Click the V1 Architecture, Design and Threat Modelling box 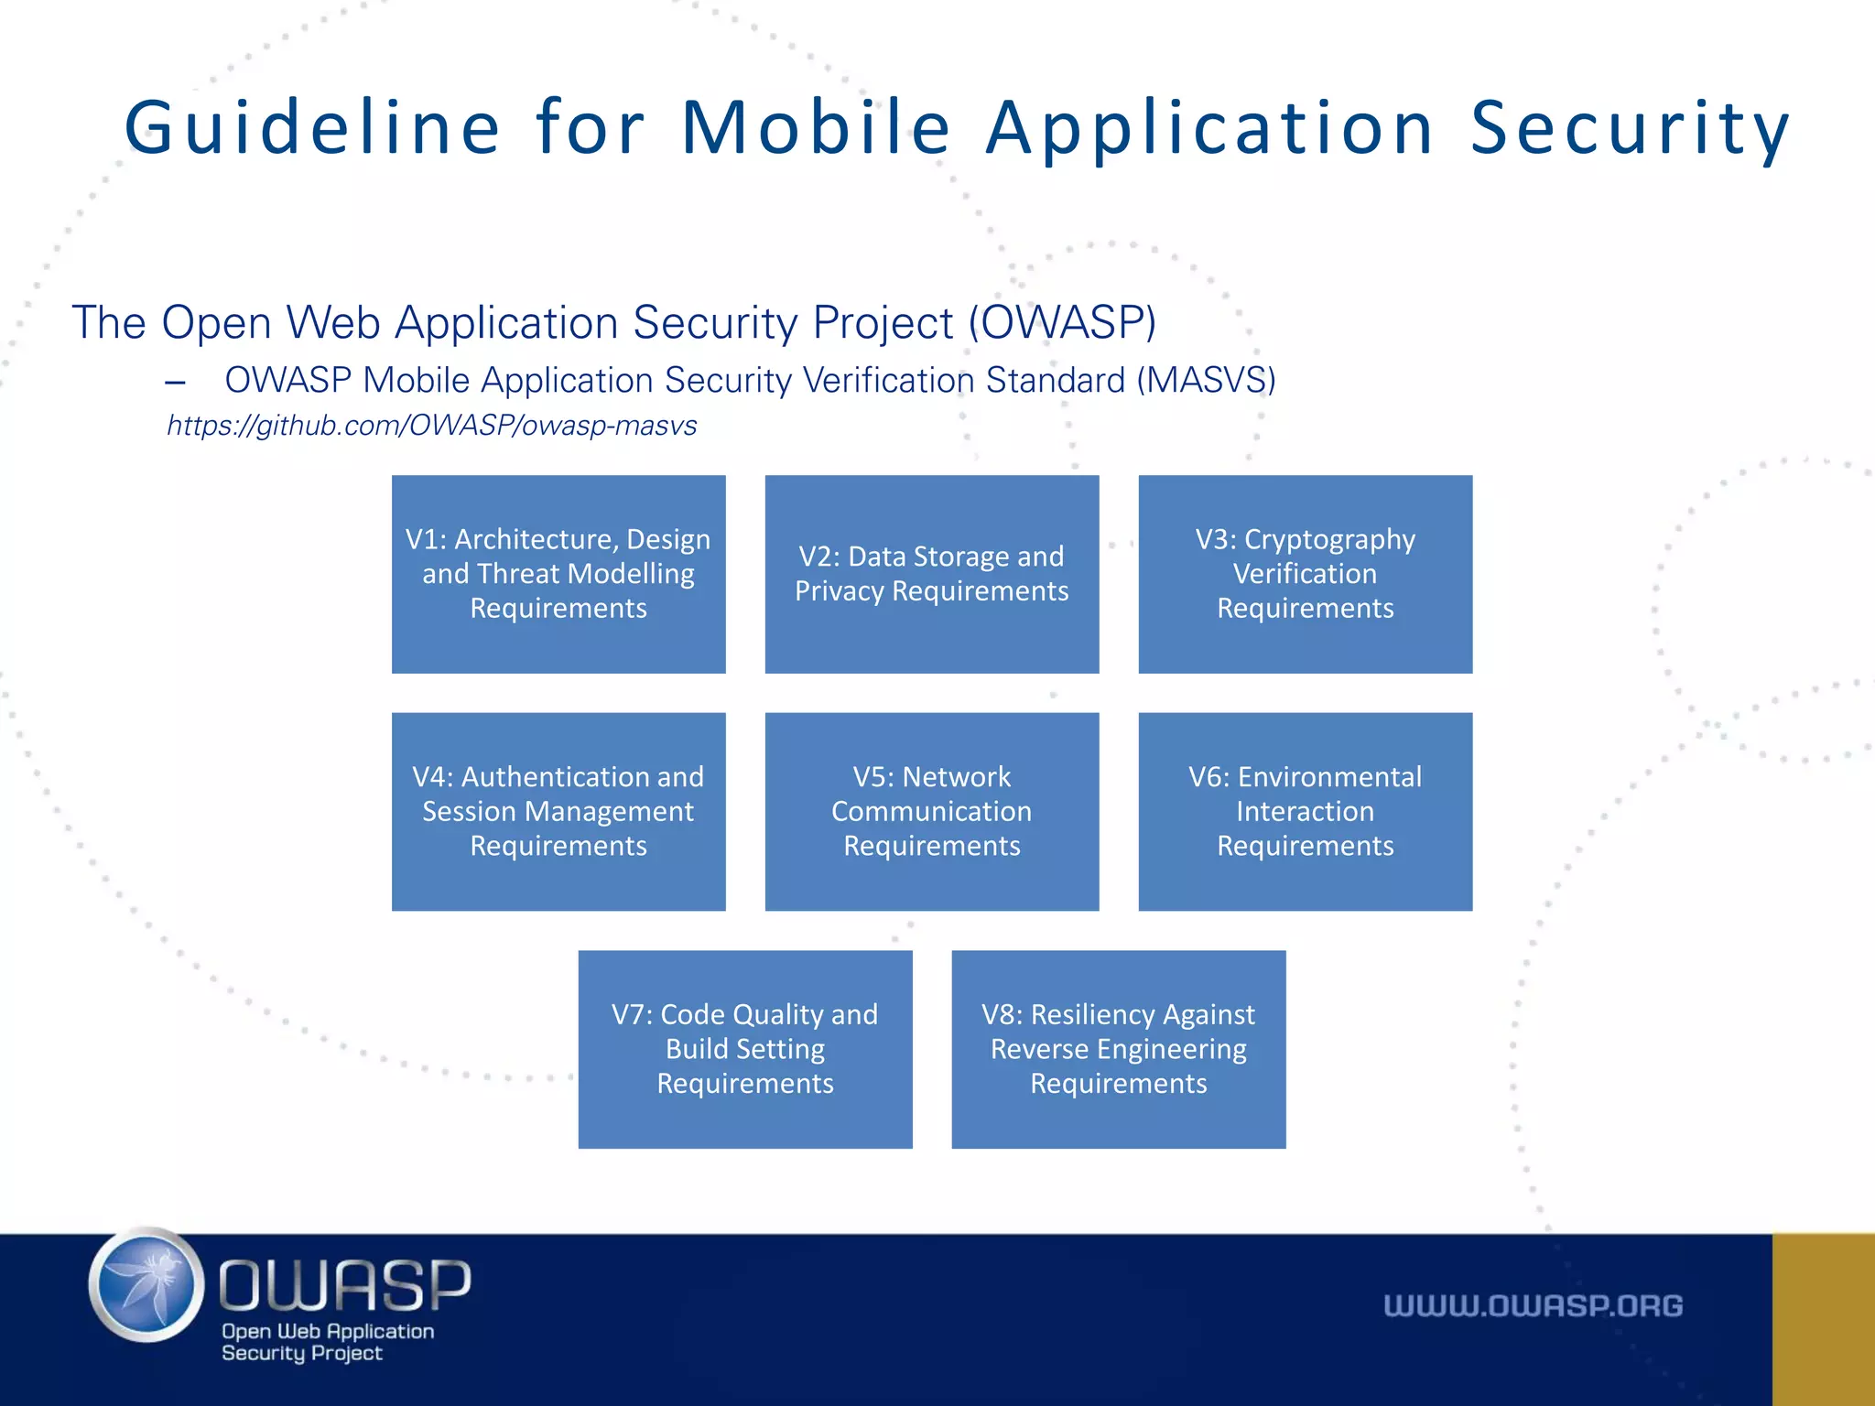coord(558,574)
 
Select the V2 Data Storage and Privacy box coord(931,574)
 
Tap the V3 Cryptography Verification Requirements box coord(1305,574)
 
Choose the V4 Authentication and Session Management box coord(558,811)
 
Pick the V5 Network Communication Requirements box coord(931,811)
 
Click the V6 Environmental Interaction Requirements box coord(1305,811)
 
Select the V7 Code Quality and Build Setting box coord(745,1049)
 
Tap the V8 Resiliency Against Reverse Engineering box coord(1118,1049)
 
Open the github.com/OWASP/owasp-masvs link coord(431,426)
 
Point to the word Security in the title coord(1630,128)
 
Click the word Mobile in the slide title coord(816,128)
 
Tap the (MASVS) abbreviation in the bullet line coord(1206,380)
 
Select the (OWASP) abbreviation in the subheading coord(1062,322)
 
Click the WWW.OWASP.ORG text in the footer coord(1533,1305)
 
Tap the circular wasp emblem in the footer coord(146,1285)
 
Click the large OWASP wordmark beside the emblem coord(344,1284)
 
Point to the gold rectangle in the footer coord(1823,1319)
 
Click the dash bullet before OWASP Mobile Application coord(176,383)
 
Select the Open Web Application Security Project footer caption coord(327,1342)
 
